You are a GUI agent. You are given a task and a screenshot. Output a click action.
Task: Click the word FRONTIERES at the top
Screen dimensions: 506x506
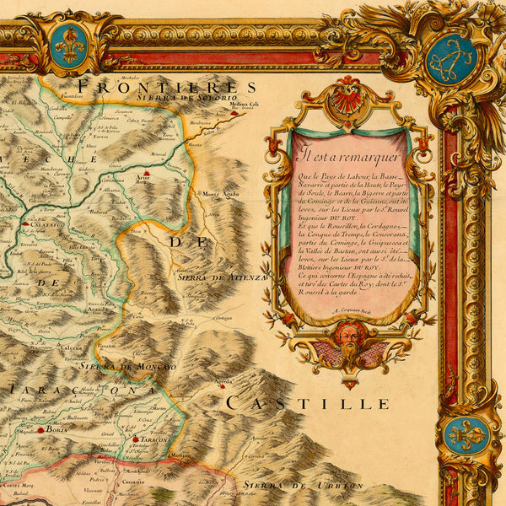click(164, 87)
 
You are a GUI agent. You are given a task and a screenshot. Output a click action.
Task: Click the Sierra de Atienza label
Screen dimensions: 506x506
click(222, 277)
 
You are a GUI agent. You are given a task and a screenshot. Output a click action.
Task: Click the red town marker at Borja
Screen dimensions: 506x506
click(40, 429)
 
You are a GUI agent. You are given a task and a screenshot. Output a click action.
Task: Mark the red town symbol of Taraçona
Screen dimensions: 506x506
click(134, 439)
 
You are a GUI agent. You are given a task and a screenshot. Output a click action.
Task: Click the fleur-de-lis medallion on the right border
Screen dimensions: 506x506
click(466, 435)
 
